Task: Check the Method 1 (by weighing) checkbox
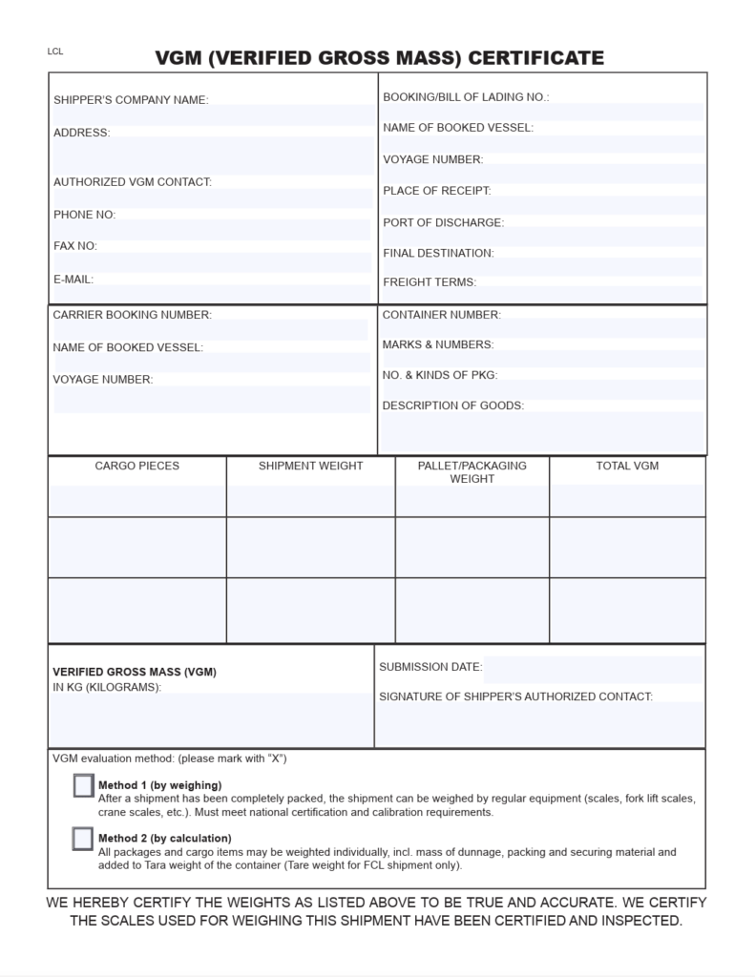pyautogui.click(x=83, y=785)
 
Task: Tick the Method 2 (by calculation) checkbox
pyautogui.click(x=83, y=839)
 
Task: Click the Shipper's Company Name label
pyautogui.click(x=131, y=100)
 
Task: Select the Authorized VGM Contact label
pyautogui.click(x=132, y=181)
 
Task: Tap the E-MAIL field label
pyautogui.click(x=73, y=280)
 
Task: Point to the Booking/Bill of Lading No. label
pyautogui.click(x=466, y=97)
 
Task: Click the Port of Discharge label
pyautogui.click(x=443, y=222)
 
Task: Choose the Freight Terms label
pyautogui.click(x=430, y=282)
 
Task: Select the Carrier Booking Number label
pyautogui.click(x=132, y=315)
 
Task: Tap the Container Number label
pyautogui.click(x=441, y=315)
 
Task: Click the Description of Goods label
pyautogui.click(x=452, y=405)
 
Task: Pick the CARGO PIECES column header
pyautogui.click(x=136, y=466)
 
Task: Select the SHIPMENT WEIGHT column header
pyautogui.click(x=310, y=466)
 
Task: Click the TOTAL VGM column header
pyautogui.click(x=627, y=466)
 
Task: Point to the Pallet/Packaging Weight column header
pyautogui.click(x=472, y=472)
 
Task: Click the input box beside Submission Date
pyautogui.click(x=592, y=668)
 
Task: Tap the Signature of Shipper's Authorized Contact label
pyautogui.click(x=515, y=696)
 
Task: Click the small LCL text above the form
pyautogui.click(x=55, y=52)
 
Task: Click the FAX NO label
pyautogui.click(x=75, y=246)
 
